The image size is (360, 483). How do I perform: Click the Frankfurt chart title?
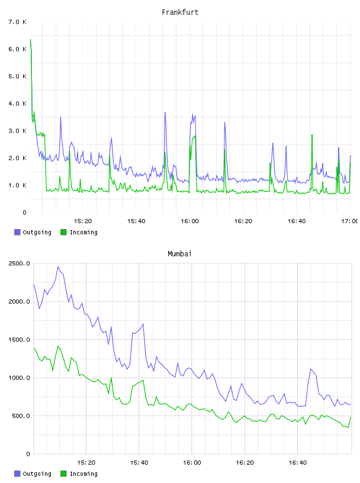(180, 12)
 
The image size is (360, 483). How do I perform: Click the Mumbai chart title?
(179, 253)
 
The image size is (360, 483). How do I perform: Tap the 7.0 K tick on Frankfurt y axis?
(17, 22)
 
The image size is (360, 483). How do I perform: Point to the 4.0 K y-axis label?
(17, 104)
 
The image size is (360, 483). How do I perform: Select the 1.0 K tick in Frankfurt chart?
(17, 185)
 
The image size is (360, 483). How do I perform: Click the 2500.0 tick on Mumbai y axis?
(19, 263)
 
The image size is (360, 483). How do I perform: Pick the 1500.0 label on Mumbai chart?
(19, 339)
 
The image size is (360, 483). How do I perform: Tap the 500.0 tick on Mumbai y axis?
(21, 416)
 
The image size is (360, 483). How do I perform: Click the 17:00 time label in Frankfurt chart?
(350, 221)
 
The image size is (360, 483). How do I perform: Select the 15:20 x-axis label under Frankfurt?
(83, 221)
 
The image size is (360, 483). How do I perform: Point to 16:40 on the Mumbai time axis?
(298, 462)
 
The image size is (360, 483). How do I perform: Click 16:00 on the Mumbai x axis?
(192, 462)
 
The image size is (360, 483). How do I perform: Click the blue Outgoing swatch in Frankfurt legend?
(17, 232)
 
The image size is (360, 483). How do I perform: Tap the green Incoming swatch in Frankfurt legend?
(63, 232)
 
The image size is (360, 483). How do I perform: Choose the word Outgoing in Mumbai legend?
(37, 474)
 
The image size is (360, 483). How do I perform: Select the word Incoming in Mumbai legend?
(83, 474)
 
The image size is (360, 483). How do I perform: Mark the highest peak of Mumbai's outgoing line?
(58, 267)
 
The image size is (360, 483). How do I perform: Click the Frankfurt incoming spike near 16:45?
(312, 134)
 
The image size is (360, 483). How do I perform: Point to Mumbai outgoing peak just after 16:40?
(311, 369)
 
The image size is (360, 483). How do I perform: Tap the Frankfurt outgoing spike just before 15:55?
(165, 112)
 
